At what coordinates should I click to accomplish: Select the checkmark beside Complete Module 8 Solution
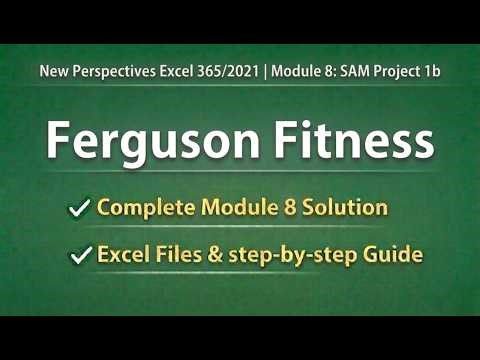tap(78, 208)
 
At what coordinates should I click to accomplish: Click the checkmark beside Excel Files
tap(78, 256)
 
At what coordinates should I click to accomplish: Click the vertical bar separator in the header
tap(266, 72)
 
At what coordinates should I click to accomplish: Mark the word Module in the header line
tap(297, 72)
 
